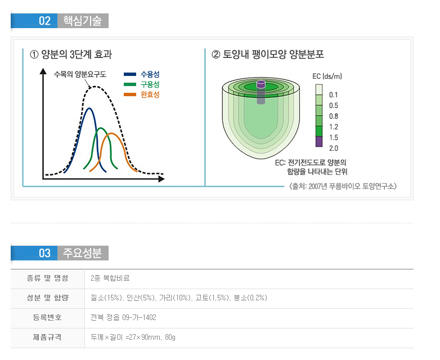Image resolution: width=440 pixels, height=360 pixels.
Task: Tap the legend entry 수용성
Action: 150,74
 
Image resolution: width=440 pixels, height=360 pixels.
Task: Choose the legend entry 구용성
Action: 150,84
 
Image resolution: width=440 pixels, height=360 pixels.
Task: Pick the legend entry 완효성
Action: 150,94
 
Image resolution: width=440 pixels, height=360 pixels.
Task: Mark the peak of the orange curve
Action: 113,134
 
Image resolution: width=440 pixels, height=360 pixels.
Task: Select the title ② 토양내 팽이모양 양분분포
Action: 267,55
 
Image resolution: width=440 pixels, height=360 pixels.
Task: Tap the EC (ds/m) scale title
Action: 327,76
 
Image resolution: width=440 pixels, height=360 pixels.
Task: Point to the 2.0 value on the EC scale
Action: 334,148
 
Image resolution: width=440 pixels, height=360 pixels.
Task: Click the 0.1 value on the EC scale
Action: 334,94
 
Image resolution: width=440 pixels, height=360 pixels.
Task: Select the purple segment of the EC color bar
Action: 319,142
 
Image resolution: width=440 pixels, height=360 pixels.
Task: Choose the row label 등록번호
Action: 47,318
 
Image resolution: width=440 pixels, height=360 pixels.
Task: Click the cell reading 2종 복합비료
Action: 110,278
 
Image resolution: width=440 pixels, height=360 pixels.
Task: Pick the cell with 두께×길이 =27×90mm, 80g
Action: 133,337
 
